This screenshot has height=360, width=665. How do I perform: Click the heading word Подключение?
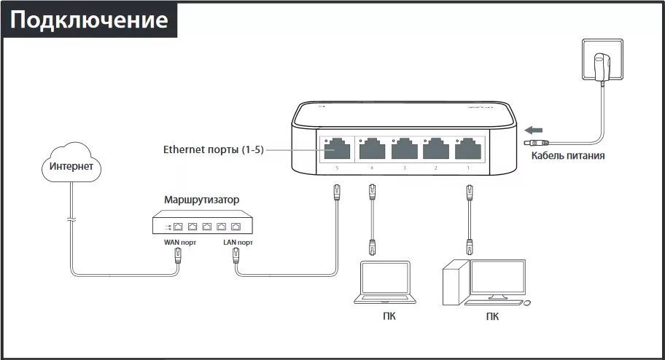click(89, 20)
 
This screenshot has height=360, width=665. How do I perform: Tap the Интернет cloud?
click(71, 166)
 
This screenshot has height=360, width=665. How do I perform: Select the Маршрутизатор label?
click(201, 199)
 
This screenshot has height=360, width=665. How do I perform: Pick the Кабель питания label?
click(567, 155)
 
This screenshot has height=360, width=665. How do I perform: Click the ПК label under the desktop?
click(493, 316)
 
